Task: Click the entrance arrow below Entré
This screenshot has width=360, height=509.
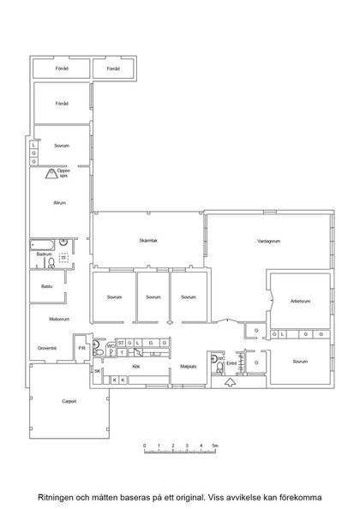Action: pos(231,382)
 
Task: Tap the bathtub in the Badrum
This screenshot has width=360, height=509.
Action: pos(43,245)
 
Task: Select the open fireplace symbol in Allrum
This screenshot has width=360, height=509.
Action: pos(51,174)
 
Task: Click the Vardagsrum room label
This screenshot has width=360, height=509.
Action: pos(268,241)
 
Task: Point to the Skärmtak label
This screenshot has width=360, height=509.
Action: pos(148,241)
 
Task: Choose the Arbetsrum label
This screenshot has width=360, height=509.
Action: pos(300,302)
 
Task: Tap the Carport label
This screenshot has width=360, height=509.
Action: pos(69,401)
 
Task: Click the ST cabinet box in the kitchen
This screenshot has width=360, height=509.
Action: pos(121,343)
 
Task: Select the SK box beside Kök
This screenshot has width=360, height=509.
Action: pos(98,371)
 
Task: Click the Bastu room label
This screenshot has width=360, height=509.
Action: pos(47,286)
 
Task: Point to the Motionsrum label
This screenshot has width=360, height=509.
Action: pos(59,319)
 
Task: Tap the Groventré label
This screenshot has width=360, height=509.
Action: pos(47,348)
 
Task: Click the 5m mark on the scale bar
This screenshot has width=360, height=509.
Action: pos(215,446)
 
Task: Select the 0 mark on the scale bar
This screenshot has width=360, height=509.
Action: pos(145,446)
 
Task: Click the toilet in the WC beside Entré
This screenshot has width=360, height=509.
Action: pos(220,368)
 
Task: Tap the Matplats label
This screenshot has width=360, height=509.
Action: pos(189,367)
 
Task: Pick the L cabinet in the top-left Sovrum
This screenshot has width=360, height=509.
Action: pos(33,145)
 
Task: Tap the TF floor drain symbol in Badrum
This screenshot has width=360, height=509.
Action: pos(63,257)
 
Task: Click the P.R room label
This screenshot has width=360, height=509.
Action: pos(81,348)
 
